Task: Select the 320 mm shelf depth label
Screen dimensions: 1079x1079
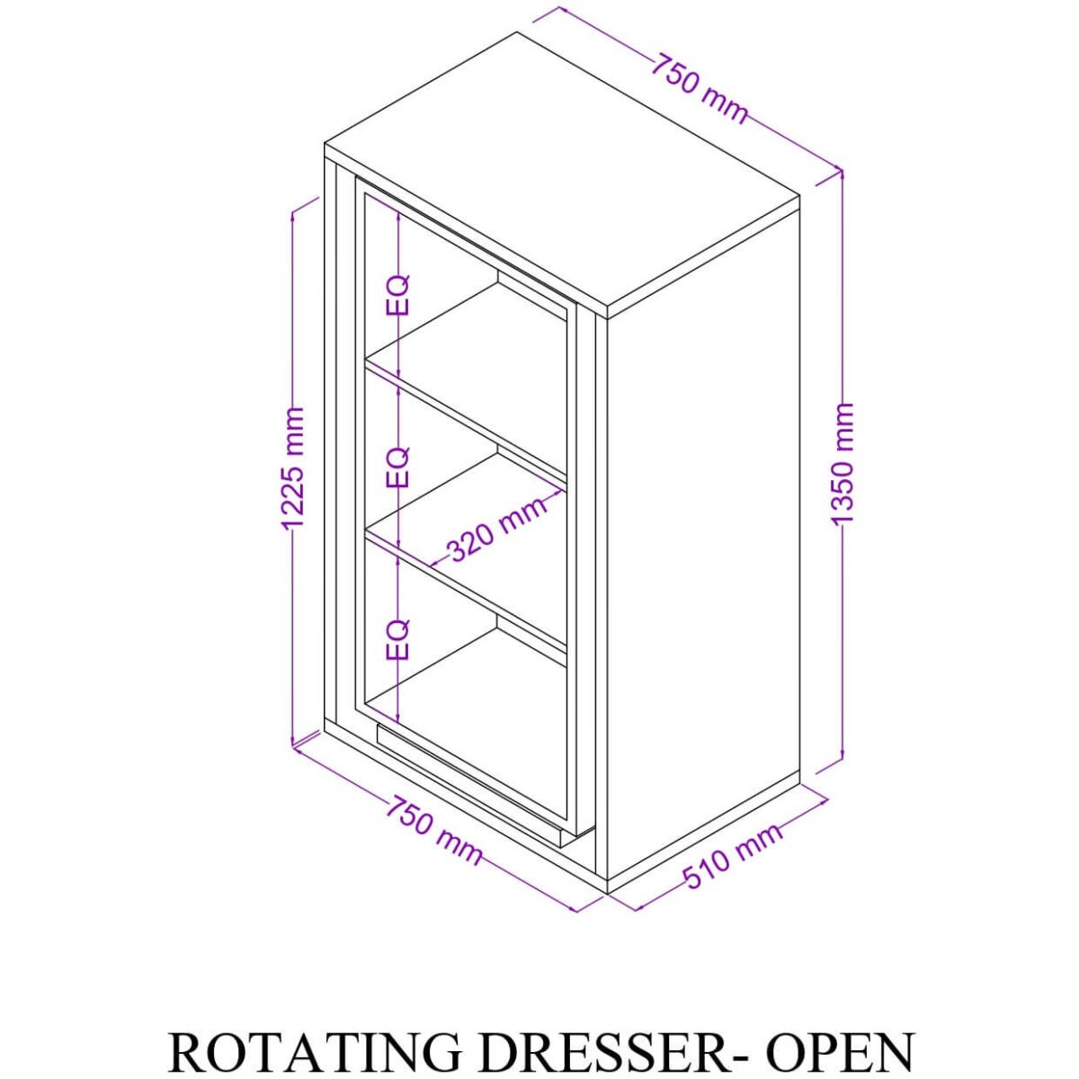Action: [496, 530]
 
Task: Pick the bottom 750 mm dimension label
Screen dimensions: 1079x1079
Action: [434, 830]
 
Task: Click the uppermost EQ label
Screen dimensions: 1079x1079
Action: [397, 295]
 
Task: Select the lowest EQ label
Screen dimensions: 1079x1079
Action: [397, 639]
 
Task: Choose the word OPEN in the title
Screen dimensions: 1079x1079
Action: [841, 1052]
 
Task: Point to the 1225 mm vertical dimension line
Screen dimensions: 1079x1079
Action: [293, 629]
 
